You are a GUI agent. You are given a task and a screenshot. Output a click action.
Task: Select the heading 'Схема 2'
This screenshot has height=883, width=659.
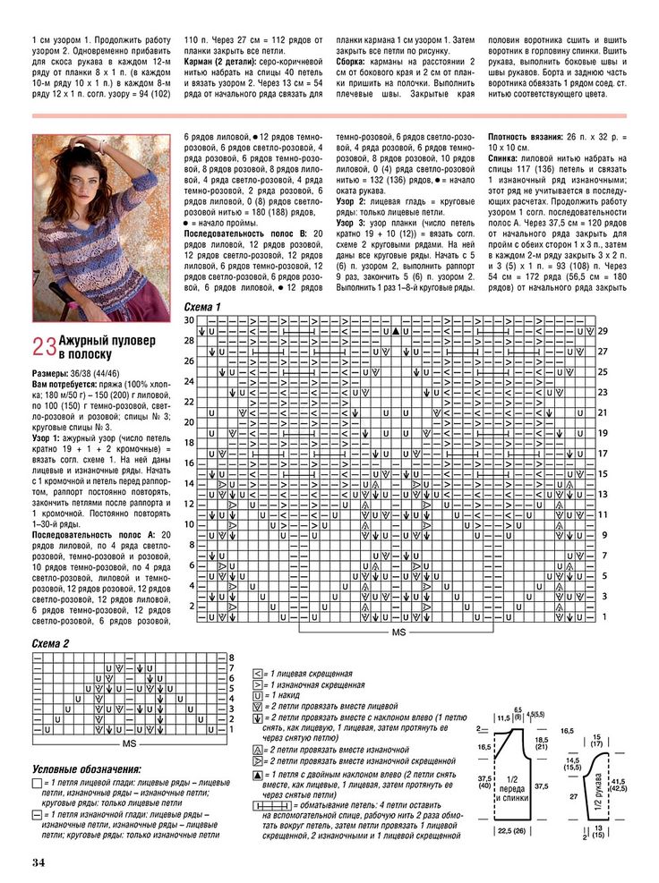point(50,643)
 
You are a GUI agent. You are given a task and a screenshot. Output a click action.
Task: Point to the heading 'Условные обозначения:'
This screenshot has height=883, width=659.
point(86,769)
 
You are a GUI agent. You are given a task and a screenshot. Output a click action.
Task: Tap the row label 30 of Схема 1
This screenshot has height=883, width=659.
point(189,320)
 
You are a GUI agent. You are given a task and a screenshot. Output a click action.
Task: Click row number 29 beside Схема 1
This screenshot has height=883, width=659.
point(603,331)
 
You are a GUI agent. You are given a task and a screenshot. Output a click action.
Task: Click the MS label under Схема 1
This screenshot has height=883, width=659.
point(398,633)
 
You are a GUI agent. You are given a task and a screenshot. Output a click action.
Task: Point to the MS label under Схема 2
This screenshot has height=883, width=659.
point(129,743)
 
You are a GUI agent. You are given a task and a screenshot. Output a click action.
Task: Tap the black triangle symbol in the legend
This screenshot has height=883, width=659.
point(258,775)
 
